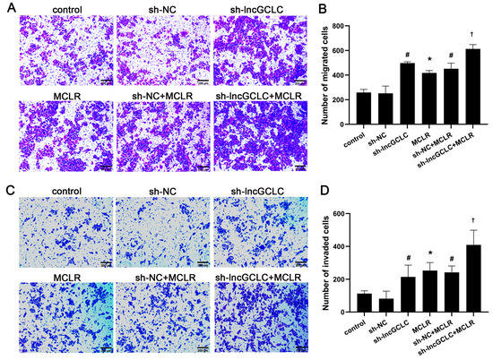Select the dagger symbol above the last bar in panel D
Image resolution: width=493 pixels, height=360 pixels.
pyautogui.click(x=472, y=222)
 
